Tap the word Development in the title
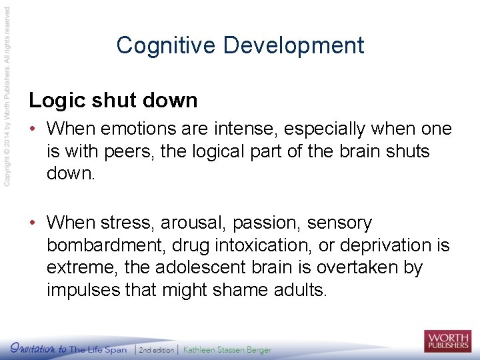pos(294,45)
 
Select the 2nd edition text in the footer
pos(156,349)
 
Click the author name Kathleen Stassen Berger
pos(227,349)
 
